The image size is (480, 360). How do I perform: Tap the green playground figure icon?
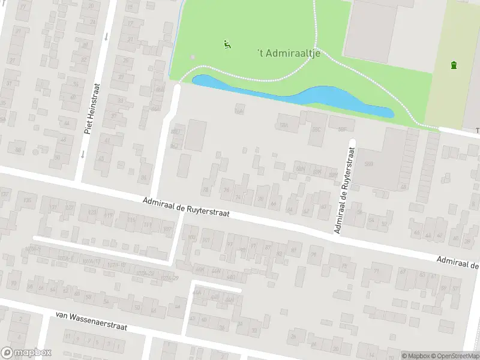(227, 44)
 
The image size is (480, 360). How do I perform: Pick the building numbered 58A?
(284, 125)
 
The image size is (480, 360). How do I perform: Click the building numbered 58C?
(316, 130)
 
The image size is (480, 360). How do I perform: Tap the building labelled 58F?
(343, 128)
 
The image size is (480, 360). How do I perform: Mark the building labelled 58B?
(369, 163)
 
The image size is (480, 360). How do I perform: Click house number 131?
(54, 208)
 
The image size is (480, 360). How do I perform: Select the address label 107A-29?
(171, 278)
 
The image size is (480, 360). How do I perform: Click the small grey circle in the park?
(192, 57)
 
